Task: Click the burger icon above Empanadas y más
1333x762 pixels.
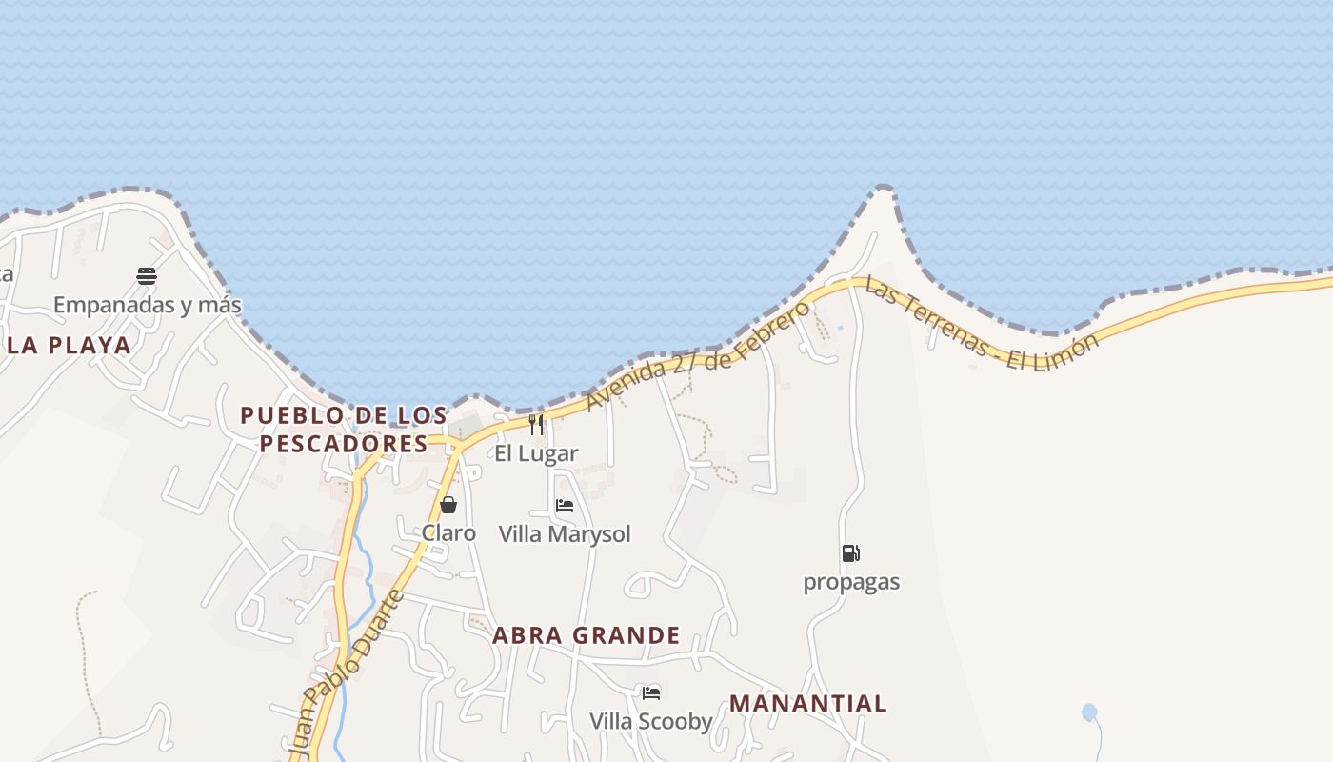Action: click(x=147, y=276)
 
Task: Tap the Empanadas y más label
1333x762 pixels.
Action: click(x=147, y=305)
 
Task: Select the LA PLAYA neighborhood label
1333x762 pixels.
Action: click(x=70, y=345)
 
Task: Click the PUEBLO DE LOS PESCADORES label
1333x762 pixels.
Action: click(x=344, y=430)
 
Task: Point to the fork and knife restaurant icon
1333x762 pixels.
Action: click(x=536, y=424)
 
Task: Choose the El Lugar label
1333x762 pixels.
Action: click(x=536, y=452)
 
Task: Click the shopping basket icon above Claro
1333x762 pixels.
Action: click(x=448, y=505)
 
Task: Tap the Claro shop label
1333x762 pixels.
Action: click(x=448, y=532)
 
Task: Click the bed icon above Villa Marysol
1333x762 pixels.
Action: click(x=565, y=506)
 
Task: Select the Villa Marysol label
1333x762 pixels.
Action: click(x=565, y=533)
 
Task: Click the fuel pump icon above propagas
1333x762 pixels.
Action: click(x=850, y=553)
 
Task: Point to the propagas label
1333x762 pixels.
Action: click(x=851, y=581)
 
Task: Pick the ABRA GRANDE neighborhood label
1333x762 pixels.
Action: click(x=587, y=635)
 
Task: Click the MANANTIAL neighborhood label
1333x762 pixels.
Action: click(x=807, y=704)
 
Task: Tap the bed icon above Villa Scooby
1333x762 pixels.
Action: click(x=651, y=692)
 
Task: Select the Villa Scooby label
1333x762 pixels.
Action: click(x=651, y=721)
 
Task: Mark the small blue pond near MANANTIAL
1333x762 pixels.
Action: click(x=1089, y=712)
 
